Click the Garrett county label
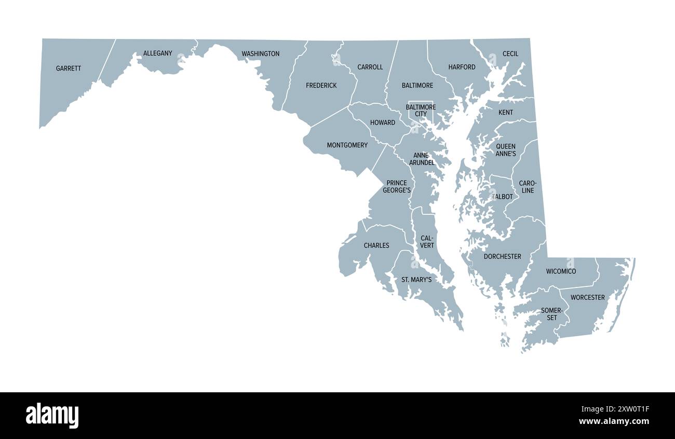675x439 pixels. coord(69,68)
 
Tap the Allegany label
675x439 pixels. coord(157,53)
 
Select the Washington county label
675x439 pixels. coord(260,54)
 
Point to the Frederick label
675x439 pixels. coord(321,86)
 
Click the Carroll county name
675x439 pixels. coord(370,67)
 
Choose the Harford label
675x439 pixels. coord(462,67)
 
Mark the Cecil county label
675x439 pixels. coord(510,54)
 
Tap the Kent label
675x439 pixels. coord(505,113)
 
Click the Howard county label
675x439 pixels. coord(382,123)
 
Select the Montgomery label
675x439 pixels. coord(347,145)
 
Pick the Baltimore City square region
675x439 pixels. coord(421,111)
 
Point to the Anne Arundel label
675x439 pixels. coord(421,159)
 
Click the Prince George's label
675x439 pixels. coord(397,187)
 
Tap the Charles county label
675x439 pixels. coord(376,245)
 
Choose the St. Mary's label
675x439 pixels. coord(416,280)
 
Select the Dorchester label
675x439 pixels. coord(502,257)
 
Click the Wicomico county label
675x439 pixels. coord(561,271)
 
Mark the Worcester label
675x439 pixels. coord(587,298)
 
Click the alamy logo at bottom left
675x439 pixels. coord(52,416)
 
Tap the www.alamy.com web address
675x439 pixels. coord(614,421)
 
